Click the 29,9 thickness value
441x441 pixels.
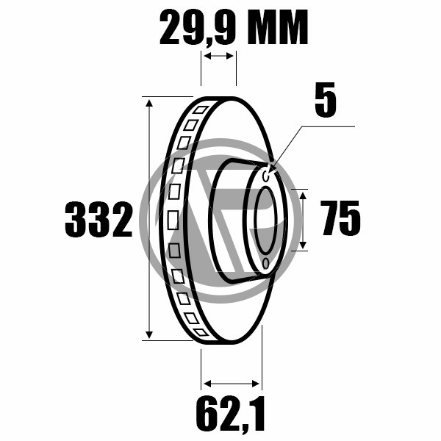click(x=198, y=27)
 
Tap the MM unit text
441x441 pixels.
click(x=278, y=27)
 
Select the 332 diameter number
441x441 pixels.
click(x=98, y=219)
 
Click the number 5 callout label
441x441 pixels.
click(x=326, y=99)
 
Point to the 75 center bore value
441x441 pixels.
click(x=340, y=218)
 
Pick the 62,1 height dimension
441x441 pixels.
click(x=231, y=413)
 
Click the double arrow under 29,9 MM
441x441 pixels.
click(x=218, y=56)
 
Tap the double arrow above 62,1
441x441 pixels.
click(x=232, y=384)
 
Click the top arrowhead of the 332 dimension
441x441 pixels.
click(x=149, y=103)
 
